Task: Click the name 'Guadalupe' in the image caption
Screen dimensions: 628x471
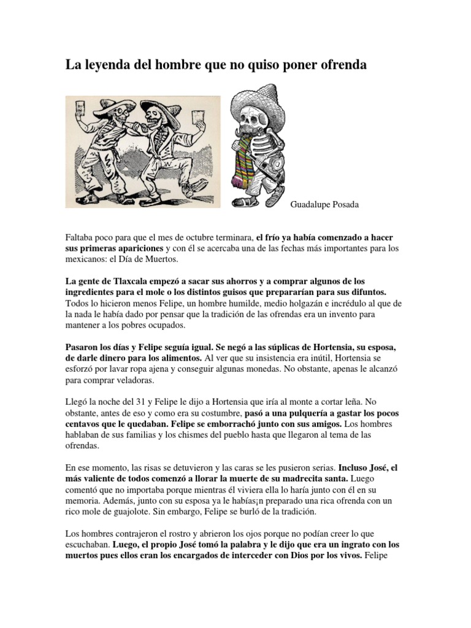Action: pos(310,205)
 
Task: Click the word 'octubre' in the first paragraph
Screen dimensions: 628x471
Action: pos(201,237)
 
